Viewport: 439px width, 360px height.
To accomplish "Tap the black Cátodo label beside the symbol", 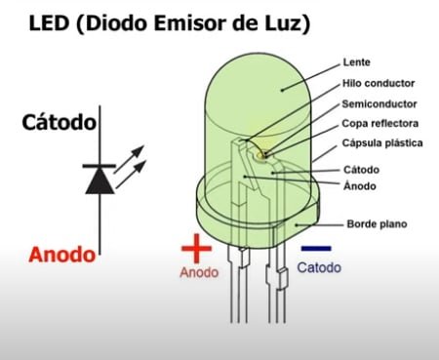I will [59, 123].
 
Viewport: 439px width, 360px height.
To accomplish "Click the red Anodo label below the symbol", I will [62, 255].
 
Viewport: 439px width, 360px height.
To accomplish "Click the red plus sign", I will [196, 250].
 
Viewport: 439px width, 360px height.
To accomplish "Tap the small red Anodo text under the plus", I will [199, 273].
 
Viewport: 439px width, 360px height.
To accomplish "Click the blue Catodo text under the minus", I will [319, 267].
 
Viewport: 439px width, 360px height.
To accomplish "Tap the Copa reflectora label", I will [380, 124].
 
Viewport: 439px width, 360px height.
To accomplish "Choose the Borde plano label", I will [377, 224].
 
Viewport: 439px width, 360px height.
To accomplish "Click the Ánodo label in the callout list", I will [361, 185].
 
